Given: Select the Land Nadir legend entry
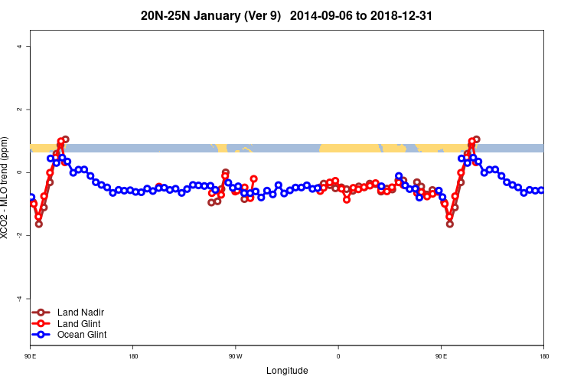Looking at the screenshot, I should coord(80,313).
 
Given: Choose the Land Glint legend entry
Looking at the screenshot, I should coord(80,323).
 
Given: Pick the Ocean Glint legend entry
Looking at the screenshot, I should coord(81,334).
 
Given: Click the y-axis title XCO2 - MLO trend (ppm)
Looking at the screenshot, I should coord(6,188).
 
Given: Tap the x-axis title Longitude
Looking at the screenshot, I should coord(287,371).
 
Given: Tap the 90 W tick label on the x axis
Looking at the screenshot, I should coord(235,356).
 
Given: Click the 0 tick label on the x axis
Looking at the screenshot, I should coord(338,356).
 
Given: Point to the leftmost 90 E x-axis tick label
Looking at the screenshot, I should coord(31,356).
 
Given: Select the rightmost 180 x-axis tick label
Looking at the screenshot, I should coord(543,356).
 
